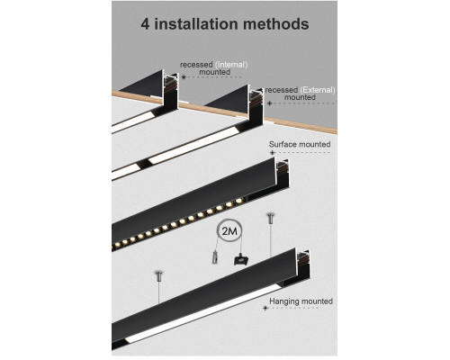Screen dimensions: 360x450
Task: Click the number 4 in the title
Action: [x=146, y=23]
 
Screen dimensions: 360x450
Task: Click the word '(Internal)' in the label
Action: [x=229, y=64]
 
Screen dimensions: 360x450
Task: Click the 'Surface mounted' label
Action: [x=300, y=143]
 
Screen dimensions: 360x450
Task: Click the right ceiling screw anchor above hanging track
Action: [x=268, y=219]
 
